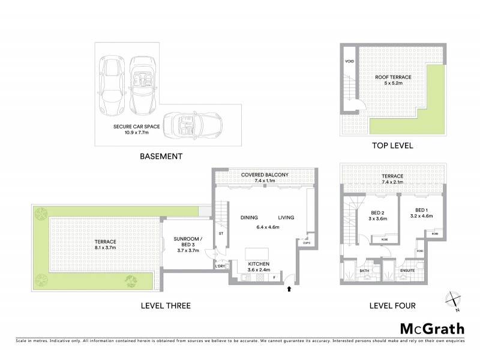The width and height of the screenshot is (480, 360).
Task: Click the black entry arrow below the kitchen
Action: tap(291, 289)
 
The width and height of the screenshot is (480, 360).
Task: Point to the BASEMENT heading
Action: tap(161, 157)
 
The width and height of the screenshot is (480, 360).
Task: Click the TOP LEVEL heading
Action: tap(392, 146)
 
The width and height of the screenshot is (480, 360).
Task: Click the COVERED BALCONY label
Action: tap(265, 175)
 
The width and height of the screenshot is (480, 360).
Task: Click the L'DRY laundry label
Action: tap(220, 266)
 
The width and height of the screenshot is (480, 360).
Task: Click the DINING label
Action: tap(249, 217)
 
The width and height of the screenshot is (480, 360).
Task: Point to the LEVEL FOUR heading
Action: tap(392, 306)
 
